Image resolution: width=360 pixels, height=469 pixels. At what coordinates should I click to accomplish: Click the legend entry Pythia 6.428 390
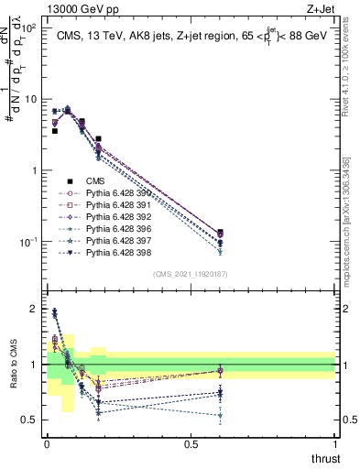click(116, 193)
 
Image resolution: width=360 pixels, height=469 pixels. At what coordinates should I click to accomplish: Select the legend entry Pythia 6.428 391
click(116, 205)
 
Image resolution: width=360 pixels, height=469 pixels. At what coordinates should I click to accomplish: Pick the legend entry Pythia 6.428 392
click(116, 217)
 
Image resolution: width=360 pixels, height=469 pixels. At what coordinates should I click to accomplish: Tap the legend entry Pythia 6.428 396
click(116, 229)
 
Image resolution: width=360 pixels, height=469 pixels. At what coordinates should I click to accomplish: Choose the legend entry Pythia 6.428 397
click(116, 240)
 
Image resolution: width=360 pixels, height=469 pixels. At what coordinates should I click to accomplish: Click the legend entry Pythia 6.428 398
click(116, 252)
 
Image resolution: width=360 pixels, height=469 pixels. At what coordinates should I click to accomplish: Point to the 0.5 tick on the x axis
click(191, 442)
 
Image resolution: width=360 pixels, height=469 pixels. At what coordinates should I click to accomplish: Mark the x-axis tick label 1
click(334, 442)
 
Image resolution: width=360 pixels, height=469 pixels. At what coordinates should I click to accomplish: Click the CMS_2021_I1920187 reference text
click(191, 273)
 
